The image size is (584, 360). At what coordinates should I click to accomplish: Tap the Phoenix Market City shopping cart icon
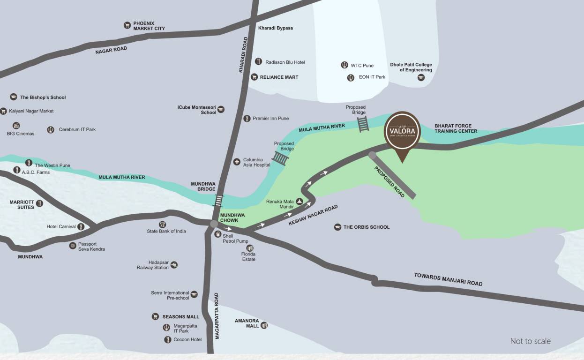(x=127, y=25)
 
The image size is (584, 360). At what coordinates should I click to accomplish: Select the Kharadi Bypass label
(x=276, y=28)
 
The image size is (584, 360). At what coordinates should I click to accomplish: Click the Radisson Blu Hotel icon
(x=258, y=62)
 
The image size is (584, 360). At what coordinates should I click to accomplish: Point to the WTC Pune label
(x=362, y=66)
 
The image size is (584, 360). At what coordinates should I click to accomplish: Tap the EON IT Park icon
(x=351, y=77)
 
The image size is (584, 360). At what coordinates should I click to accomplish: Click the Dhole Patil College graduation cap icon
(x=421, y=77)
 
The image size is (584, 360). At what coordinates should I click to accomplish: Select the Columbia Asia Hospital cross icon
(x=237, y=162)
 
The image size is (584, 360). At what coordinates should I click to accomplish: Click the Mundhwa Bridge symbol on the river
(x=219, y=201)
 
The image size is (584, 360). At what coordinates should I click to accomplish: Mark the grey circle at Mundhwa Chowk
(x=214, y=224)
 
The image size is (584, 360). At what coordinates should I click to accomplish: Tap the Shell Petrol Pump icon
(x=218, y=234)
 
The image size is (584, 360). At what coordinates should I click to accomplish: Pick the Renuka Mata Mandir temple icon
(x=299, y=202)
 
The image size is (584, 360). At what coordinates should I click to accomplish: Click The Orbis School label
(x=366, y=227)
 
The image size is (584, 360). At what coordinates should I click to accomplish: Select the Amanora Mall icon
(x=264, y=325)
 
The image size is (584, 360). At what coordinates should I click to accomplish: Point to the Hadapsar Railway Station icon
(x=174, y=265)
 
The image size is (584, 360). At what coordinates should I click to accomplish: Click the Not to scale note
(x=530, y=341)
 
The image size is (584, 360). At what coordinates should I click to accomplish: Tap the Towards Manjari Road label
(x=448, y=279)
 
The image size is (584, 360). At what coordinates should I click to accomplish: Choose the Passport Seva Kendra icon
(x=73, y=246)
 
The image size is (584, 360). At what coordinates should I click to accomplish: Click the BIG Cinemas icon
(x=16, y=126)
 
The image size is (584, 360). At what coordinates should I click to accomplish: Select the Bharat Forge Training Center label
(x=456, y=128)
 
